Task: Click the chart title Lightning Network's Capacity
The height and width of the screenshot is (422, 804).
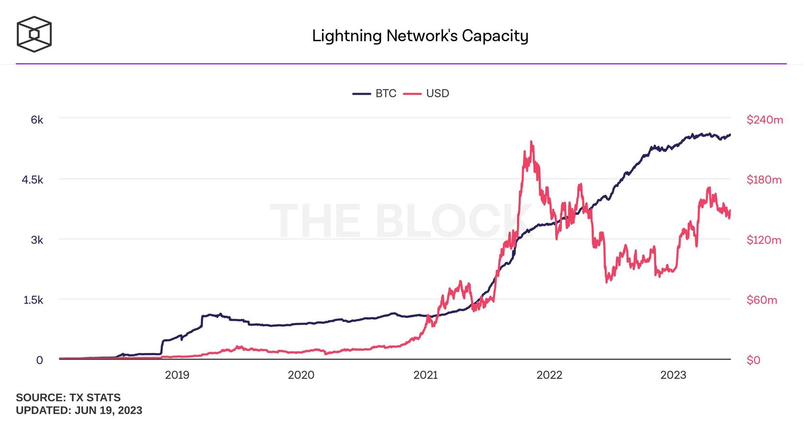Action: pos(420,36)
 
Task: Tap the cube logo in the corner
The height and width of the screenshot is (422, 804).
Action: pos(34,34)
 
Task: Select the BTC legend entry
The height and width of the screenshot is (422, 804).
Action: pos(375,93)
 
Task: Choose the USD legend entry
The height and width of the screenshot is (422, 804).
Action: pos(426,93)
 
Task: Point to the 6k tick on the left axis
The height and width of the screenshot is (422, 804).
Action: pos(37,120)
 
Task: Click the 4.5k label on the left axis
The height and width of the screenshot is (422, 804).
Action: pos(33,180)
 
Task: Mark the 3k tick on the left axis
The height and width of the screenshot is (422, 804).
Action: pos(37,240)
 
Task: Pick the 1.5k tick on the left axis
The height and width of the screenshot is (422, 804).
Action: pos(33,300)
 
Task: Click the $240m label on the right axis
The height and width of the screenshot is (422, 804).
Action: pos(765,120)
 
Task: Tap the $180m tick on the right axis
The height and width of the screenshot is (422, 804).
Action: pos(764,180)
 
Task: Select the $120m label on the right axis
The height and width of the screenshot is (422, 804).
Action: pos(764,240)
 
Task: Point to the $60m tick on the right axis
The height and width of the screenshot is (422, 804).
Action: pos(761,300)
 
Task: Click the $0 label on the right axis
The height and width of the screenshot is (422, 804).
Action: pos(753,360)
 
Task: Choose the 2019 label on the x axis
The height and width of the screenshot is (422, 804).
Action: pos(177,375)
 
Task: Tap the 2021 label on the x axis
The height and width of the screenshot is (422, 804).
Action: pos(425,375)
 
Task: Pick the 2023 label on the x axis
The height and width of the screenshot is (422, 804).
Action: pos(673,375)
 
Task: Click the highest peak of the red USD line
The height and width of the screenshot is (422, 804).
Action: pos(531,142)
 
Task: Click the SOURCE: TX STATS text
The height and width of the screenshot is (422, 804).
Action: pos(68,398)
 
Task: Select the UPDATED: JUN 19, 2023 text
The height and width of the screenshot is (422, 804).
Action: pos(79,411)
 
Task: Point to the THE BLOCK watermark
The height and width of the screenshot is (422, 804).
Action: pos(401,220)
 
